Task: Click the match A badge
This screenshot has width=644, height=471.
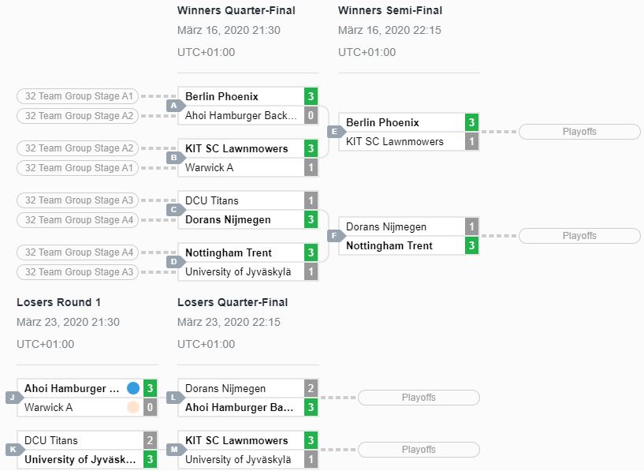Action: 174,106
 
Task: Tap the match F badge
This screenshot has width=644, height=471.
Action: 335,236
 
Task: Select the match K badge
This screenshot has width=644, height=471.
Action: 13,450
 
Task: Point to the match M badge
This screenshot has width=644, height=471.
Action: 174,450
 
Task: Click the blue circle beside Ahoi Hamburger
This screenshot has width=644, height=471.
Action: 133,388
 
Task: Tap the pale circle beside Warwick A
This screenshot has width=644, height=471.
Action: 133,407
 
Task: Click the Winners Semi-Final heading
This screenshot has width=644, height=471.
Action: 389,10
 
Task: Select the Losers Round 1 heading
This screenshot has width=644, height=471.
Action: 59,302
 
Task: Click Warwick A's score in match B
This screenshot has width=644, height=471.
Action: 311,168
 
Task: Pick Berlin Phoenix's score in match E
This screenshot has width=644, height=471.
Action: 471,122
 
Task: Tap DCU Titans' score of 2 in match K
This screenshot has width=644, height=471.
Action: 150,440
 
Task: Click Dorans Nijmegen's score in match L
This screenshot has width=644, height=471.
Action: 311,388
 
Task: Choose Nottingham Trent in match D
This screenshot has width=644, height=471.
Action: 229,252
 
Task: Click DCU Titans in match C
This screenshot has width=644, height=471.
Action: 211,200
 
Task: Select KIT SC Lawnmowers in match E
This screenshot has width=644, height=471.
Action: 395,141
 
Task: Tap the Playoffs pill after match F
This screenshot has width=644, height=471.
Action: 579,236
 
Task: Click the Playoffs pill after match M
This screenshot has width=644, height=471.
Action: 419,450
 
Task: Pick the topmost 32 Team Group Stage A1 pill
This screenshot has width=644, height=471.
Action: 77,96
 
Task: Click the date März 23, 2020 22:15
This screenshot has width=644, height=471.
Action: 229,322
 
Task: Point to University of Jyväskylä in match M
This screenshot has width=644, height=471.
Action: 238,459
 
